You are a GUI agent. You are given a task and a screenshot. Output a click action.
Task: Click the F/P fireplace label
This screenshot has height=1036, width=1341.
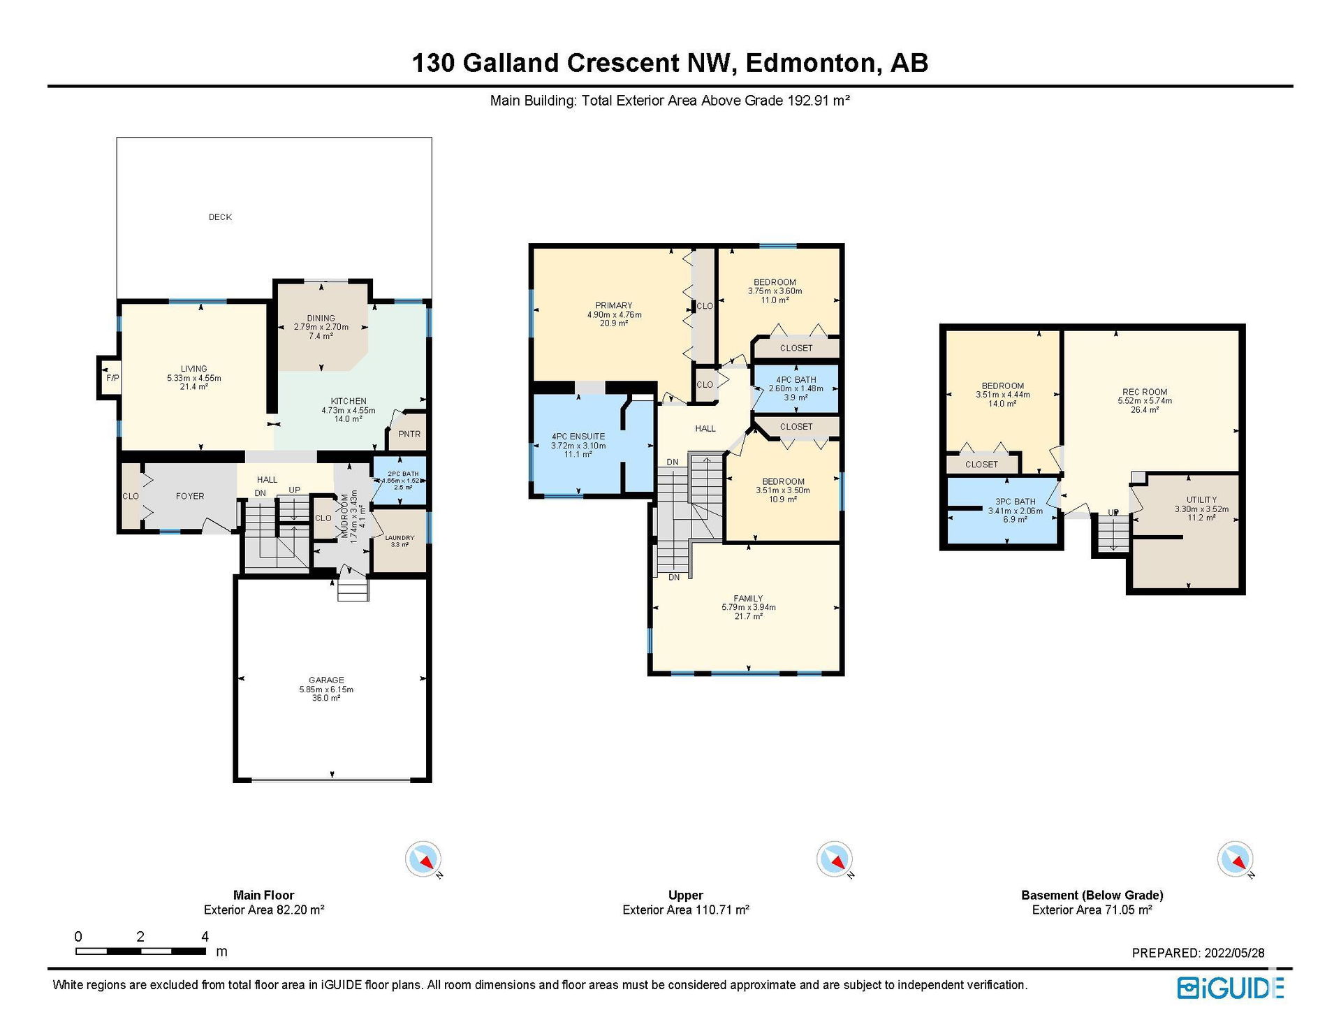tap(112, 378)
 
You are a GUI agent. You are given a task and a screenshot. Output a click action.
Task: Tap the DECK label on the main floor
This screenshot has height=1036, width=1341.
tap(220, 217)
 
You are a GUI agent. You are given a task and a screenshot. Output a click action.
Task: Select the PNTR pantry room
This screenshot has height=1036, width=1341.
tap(409, 434)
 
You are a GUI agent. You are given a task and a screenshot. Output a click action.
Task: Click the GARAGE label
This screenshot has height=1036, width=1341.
tap(326, 680)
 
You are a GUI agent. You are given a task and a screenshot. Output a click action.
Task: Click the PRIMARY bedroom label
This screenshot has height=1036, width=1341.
tap(614, 305)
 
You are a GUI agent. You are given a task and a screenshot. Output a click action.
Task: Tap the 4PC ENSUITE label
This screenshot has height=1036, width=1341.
tap(578, 437)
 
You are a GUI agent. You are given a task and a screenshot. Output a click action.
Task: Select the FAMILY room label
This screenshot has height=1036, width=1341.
tap(748, 599)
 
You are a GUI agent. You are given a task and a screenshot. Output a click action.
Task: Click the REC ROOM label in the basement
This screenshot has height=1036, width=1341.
tap(1145, 392)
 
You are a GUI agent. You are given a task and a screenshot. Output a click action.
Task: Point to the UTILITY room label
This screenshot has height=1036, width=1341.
tap(1201, 499)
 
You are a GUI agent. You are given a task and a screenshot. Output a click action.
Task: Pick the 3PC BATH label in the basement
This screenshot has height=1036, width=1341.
tap(1016, 502)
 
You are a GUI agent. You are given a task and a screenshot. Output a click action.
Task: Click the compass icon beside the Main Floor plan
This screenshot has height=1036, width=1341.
tap(423, 859)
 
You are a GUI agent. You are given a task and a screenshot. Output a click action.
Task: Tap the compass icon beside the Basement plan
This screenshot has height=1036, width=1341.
tap(1235, 859)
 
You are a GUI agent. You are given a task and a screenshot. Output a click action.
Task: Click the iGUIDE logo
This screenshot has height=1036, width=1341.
tap(1231, 988)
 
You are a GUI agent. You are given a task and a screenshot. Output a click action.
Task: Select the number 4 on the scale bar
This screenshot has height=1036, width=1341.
tap(205, 936)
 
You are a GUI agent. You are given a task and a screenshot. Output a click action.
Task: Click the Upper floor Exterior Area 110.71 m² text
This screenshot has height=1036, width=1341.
tap(686, 910)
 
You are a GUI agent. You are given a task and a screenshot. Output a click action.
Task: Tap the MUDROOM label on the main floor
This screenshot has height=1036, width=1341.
tap(344, 516)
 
